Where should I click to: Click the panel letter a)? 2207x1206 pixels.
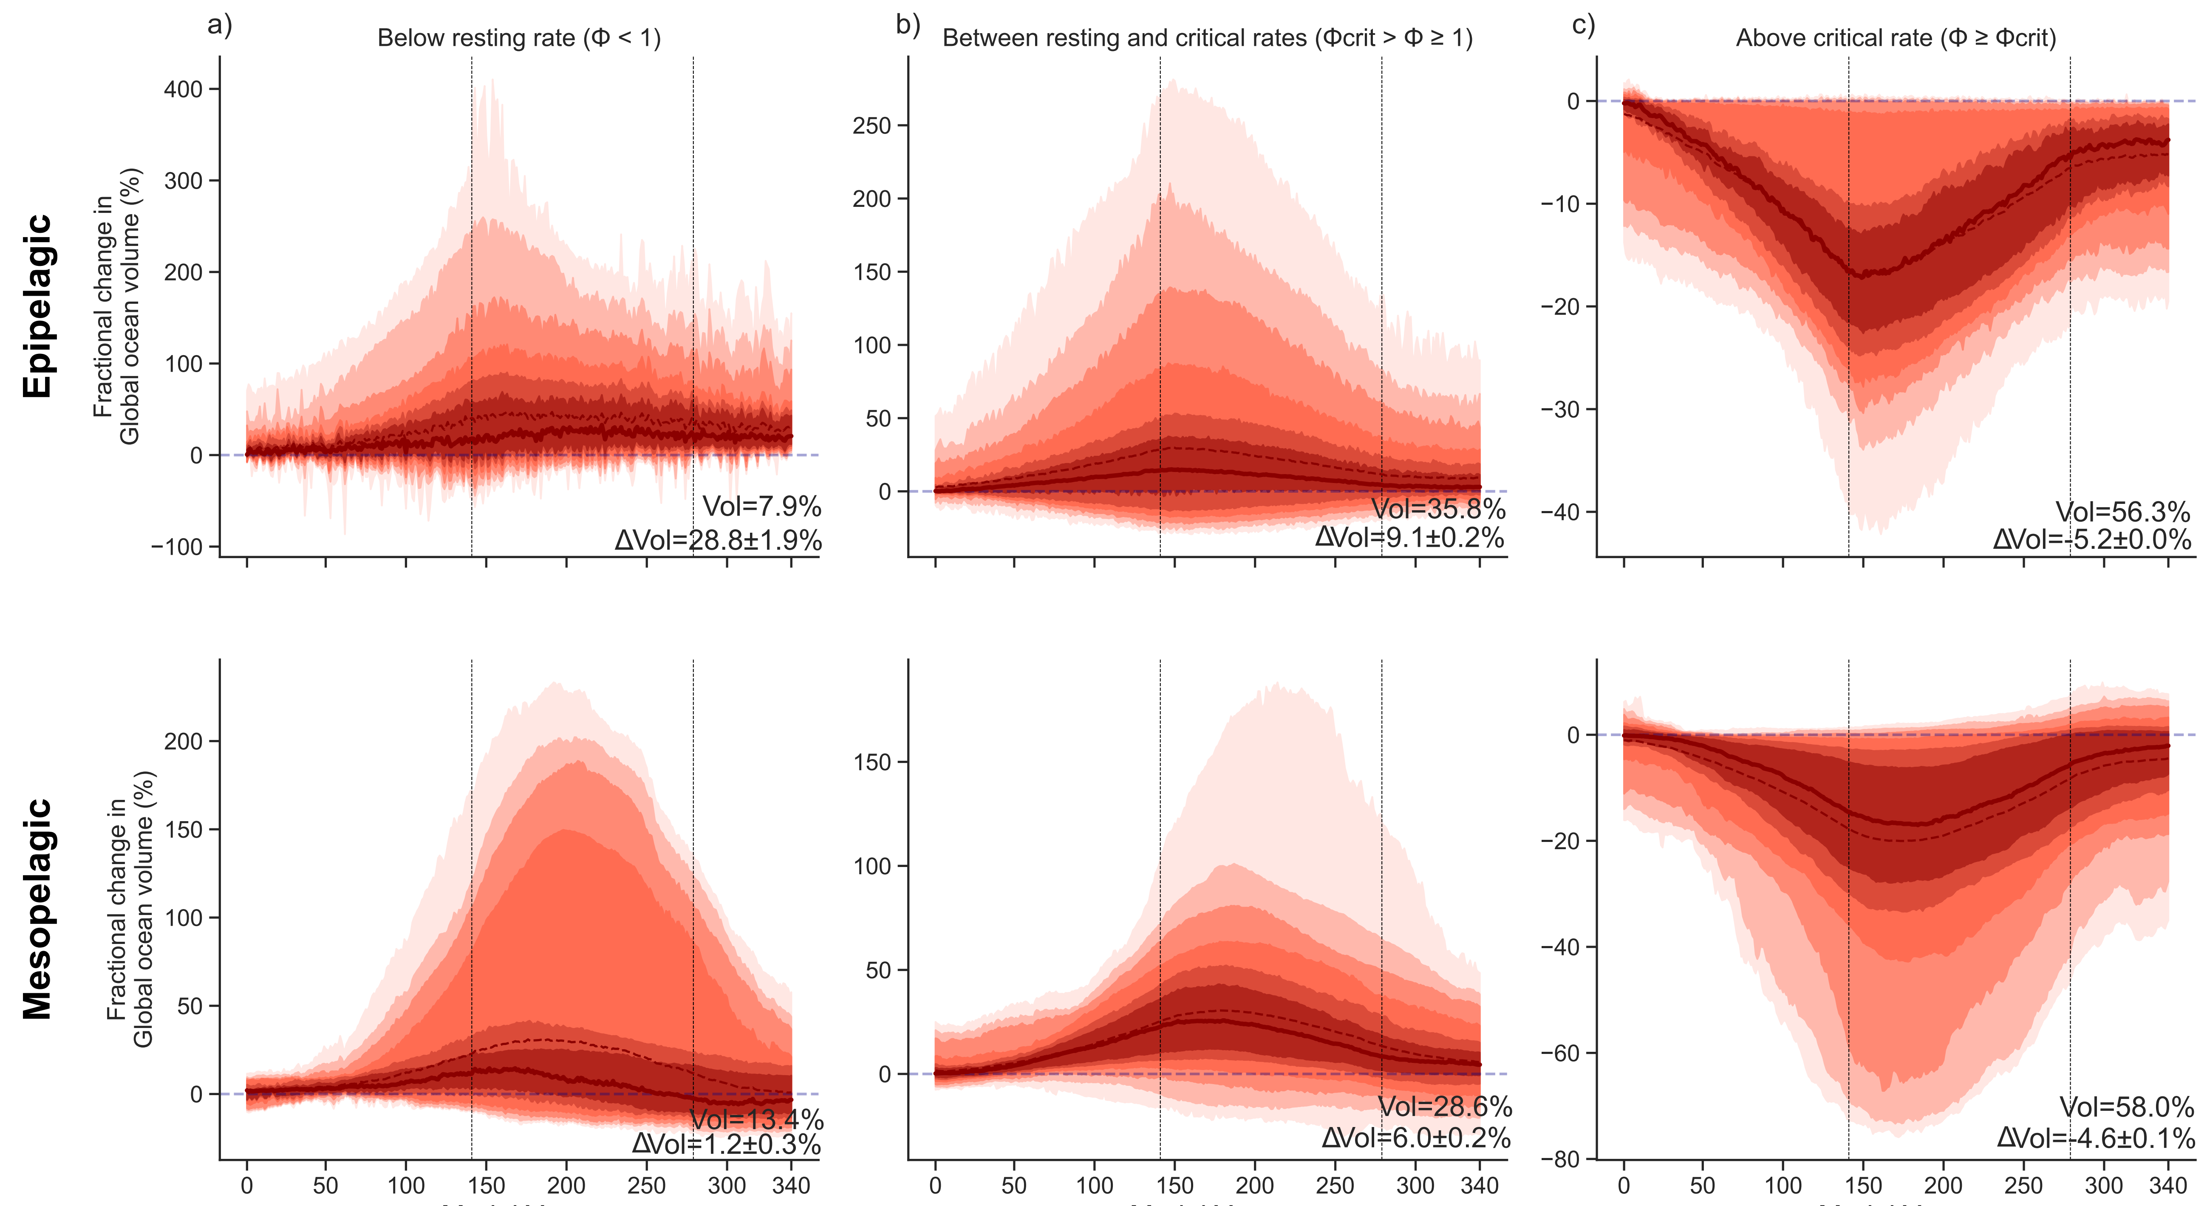pos(219,25)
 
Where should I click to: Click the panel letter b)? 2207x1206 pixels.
pos(907,25)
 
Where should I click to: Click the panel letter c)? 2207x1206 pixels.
pos(1583,25)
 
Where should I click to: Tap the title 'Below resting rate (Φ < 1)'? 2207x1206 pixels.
pos(519,39)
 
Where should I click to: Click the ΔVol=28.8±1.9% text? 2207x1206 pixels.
pos(718,540)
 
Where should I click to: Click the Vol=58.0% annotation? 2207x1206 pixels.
pos(2125,1107)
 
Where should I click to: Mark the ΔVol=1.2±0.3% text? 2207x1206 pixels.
pos(727,1144)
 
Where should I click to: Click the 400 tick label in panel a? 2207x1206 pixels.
pos(183,89)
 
